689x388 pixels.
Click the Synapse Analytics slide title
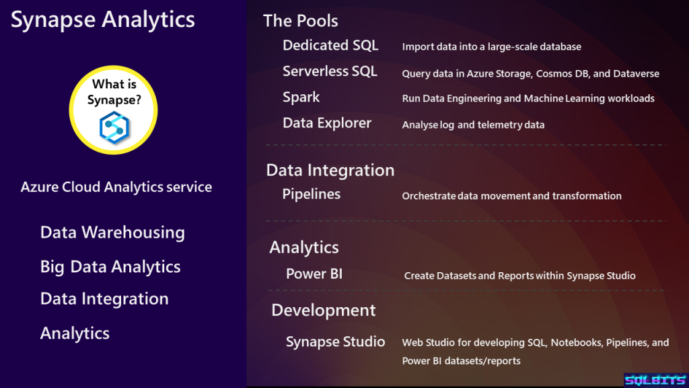(103, 20)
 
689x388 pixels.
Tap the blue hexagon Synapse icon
(114, 127)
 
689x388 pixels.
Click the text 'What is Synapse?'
(114, 92)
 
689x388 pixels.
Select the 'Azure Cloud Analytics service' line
(116, 187)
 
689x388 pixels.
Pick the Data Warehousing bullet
(112, 232)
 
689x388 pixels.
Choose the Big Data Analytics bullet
(110, 267)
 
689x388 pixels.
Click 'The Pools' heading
(301, 21)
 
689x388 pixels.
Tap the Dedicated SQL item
(330, 45)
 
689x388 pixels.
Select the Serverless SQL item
(330, 71)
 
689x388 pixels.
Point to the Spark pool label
(301, 97)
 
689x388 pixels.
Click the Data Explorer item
(327, 123)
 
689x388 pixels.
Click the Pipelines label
(311, 194)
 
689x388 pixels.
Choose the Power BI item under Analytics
(314, 273)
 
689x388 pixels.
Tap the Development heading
(324, 310)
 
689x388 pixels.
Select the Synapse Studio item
(335, 342)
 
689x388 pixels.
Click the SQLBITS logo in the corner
(655, 380)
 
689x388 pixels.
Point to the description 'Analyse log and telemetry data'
(473, 125)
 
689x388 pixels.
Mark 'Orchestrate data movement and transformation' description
(511, 196)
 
